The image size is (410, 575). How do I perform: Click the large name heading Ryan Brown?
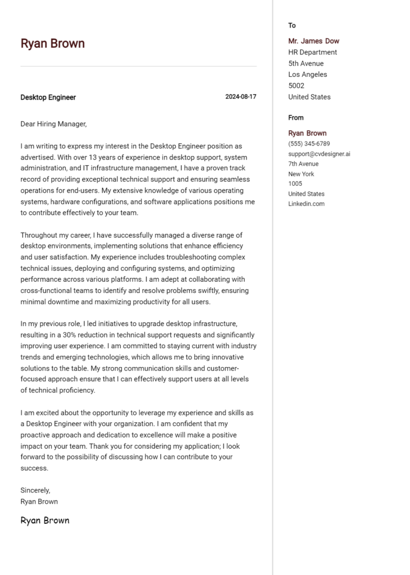pos(52,44)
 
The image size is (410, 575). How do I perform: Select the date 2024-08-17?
pos(240,97)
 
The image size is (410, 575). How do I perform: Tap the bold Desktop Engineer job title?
pos(48,97)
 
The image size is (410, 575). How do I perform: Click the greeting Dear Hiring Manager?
pos(53,124)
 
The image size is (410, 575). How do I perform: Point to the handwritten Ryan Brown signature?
pos(45,521)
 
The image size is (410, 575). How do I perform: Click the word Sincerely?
pos(35,490)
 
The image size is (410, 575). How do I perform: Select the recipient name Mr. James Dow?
pos(313,41)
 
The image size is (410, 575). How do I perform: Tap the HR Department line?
pos(312,52)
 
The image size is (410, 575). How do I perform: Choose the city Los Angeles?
pos(307,74)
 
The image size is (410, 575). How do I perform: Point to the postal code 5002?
pos(296,85)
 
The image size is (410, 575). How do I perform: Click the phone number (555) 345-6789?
pos(309,144)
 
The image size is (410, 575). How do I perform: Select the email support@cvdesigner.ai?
pos(319,154)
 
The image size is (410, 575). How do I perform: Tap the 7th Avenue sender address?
pos(303,164)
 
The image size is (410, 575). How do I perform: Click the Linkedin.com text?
pos(306,204)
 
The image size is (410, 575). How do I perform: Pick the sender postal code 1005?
pos(295,184)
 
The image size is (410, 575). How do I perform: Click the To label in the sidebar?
pos(292,25)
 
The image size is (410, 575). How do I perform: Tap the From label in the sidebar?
pos(295,117)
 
